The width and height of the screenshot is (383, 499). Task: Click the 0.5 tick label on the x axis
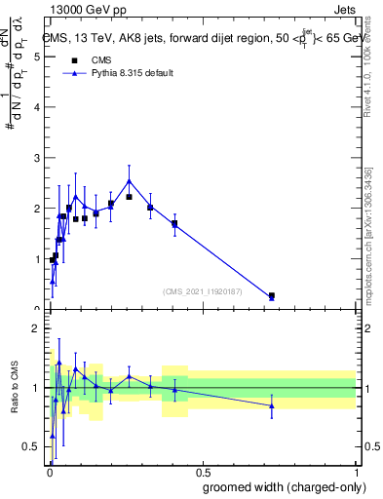tap(202, 471)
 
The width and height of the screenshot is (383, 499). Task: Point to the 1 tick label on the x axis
tap(356, 471)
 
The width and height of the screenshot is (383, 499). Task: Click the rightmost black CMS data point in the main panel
tap(272, 295)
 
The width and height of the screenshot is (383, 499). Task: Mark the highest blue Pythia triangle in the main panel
tap(130, 180)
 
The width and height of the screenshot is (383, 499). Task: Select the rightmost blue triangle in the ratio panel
tap(272, 405)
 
